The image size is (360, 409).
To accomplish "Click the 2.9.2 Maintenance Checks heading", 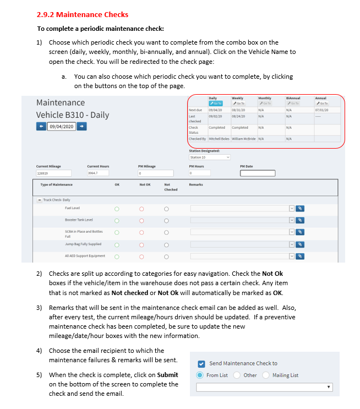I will (83, 14).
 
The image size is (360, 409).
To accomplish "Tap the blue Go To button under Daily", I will (216, 103).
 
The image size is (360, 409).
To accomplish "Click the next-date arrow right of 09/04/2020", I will (81, 126).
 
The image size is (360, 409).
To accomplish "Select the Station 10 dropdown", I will (209, 157).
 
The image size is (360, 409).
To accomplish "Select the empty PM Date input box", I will (257, 173).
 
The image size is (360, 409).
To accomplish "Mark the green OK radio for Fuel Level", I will (117, 209).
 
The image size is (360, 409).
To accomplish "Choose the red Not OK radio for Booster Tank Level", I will (141, 221).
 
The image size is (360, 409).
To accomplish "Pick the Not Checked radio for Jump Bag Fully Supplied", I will (166, 244).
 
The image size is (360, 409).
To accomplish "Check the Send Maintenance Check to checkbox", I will (201, 363).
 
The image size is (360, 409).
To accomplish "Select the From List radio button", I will (200, 375).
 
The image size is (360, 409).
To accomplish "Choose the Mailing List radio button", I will (267, 375).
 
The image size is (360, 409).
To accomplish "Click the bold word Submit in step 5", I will (167, 375).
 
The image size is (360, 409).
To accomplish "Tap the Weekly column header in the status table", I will (238, 98).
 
